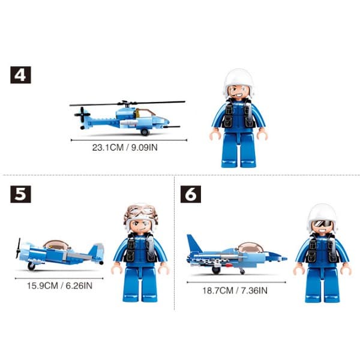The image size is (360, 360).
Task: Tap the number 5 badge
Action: coord(20,194)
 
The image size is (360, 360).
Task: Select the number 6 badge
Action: coord(191,194)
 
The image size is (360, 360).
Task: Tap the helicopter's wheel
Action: coord(145,131)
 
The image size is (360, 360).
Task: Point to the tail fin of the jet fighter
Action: coord(194,245)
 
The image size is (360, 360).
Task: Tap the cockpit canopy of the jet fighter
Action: coord(249,247)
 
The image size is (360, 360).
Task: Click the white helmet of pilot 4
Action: coord(239,79)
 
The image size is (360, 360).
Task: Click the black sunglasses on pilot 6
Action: coord(322,224)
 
